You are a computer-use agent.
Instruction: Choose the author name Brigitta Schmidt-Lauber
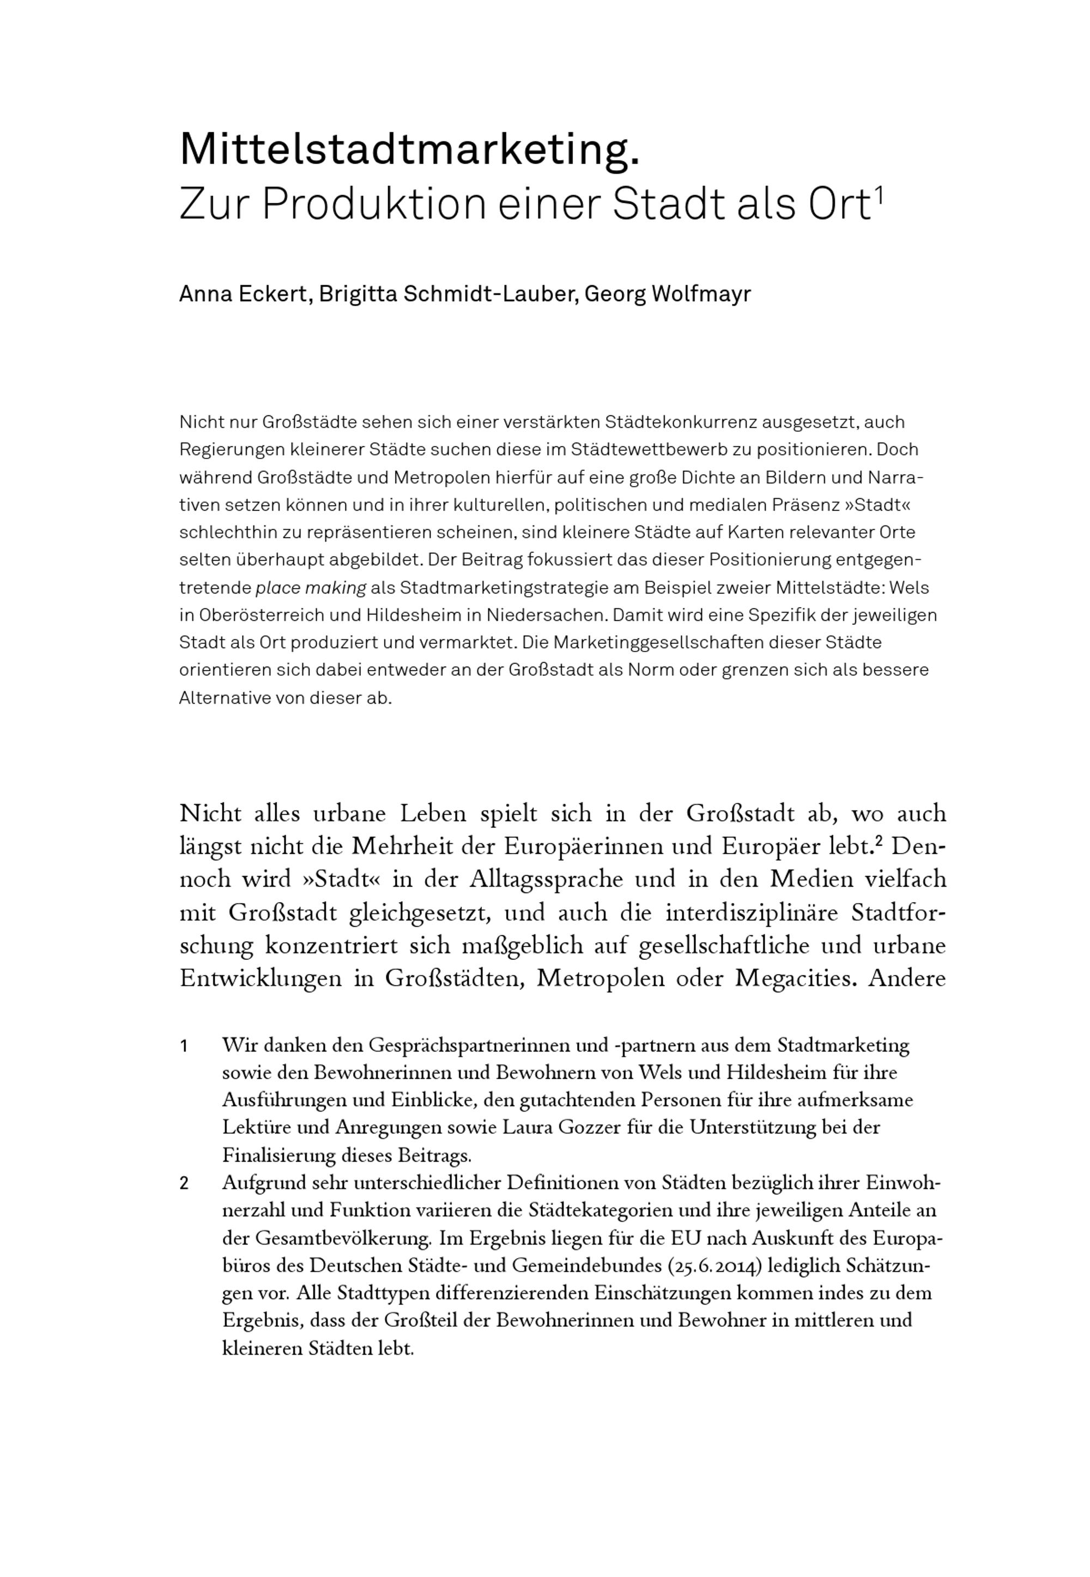447,294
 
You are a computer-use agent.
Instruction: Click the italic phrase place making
311,588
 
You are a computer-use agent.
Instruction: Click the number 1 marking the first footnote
184,1046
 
